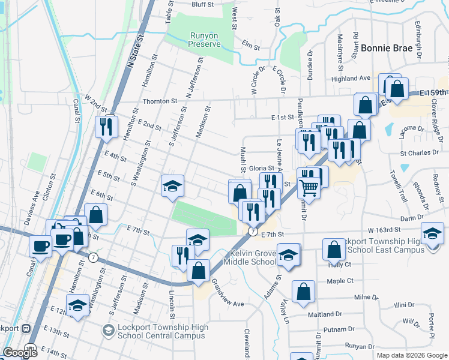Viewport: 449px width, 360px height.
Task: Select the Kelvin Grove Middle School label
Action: [x=249, y=257]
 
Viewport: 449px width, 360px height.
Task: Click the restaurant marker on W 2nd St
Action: [x=106, y=127]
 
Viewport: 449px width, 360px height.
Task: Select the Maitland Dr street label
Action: [x=324, y=314]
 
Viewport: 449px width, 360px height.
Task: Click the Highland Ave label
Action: [x=355, y=79]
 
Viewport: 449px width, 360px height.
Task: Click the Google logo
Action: [x=20, y=353]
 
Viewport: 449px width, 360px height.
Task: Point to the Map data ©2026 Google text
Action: [x=412, y=355]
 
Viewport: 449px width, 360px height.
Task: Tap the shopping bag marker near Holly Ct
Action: [x=334, y=249]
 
